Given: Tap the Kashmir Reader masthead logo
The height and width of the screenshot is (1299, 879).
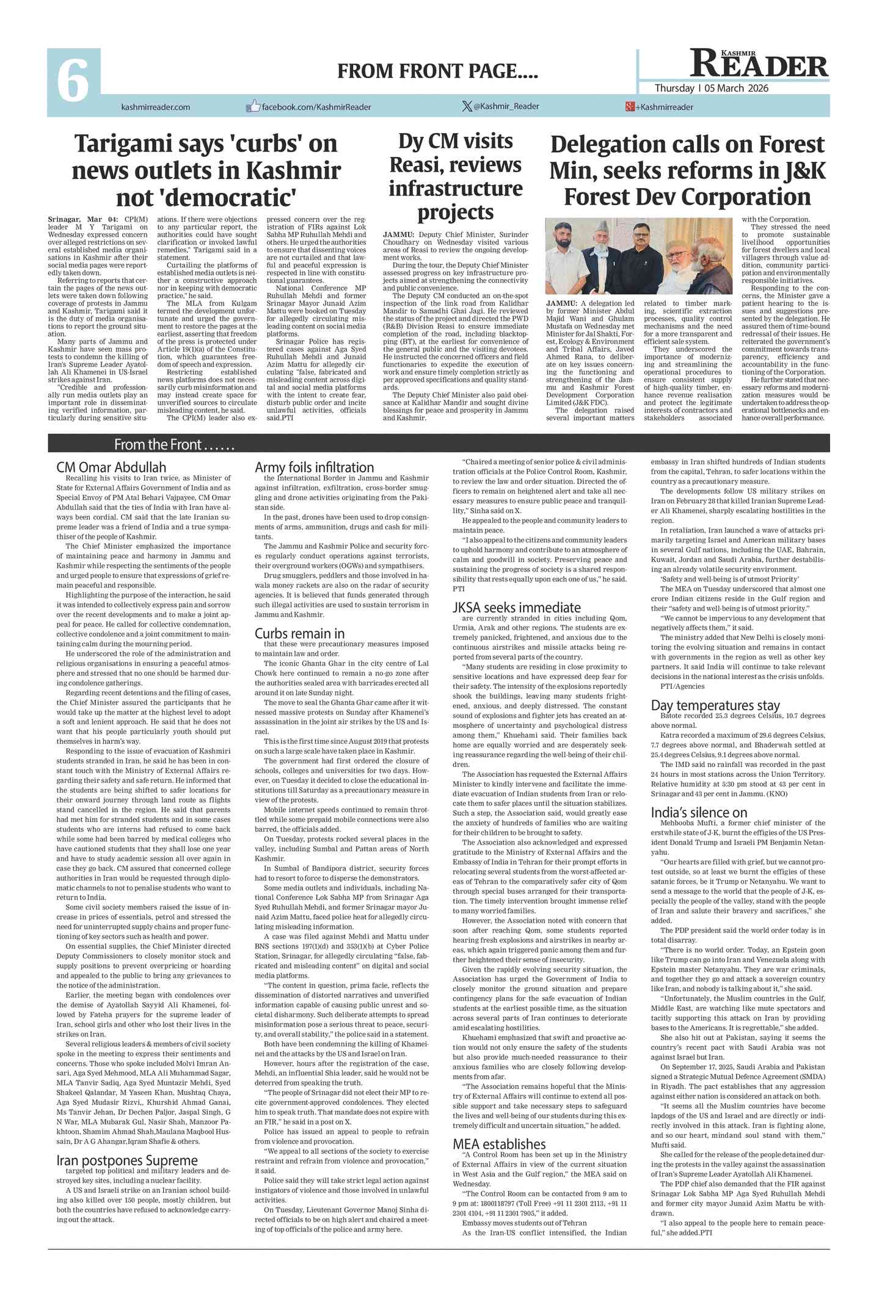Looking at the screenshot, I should tap(759, 64).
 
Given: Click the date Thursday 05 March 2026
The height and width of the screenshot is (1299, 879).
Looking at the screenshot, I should tap(712, 88).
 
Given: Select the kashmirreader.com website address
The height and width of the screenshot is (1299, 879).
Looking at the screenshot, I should tap(156, 107).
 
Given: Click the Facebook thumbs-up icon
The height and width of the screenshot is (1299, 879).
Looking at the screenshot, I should tap(253, 106).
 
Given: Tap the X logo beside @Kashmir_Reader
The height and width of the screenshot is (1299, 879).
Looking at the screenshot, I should tap(467, 106).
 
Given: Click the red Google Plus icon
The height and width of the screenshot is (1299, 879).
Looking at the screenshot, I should tap(629, 107).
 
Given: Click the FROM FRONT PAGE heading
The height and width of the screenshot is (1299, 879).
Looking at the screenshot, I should tap(437, 71).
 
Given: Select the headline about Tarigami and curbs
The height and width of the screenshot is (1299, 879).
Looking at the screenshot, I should tap(206, 170).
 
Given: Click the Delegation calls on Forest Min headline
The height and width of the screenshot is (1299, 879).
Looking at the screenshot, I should tap(687, 170).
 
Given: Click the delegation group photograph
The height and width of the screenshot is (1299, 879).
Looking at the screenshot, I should tap(638, 257).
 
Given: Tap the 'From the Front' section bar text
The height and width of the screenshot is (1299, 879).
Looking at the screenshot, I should tap(174, 444).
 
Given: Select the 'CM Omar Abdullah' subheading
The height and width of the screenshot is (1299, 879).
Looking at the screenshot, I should tap(111, 468).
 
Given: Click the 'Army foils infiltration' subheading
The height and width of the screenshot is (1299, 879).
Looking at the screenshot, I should tap(314, 467).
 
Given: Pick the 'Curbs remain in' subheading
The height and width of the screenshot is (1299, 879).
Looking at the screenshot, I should tap(299, 633).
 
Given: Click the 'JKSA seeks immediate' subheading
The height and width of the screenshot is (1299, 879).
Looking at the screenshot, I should tap(516, 607).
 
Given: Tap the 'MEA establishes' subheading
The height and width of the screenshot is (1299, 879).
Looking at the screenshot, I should tap(499, 1144).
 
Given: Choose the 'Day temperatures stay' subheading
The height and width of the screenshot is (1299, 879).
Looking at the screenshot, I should tap(715, 705).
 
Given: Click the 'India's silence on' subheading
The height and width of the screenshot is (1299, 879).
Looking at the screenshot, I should tap(699, 812).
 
